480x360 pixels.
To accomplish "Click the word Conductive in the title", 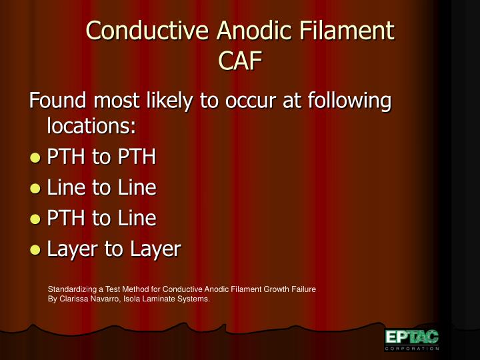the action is tap(147, 30).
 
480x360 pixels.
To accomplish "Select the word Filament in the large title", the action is tap(347, 30).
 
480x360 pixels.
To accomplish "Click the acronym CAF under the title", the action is tap(240, 60).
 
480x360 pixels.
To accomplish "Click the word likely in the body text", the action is tap(169, 101).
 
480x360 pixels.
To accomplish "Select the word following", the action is tap(349, 101).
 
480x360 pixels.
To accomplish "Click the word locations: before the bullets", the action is tap(91, 125).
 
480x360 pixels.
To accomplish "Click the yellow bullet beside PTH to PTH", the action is tap(35, 158).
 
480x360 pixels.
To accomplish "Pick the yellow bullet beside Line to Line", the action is tap(35, 189).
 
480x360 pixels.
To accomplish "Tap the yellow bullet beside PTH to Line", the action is tap(35, 219).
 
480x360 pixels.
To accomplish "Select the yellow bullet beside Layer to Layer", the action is tap(35, 250).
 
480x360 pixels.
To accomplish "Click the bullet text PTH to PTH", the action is tap(101, 157).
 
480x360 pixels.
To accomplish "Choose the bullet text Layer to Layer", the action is tap(114, 249).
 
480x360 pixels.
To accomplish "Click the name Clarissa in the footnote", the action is tap(73, 299).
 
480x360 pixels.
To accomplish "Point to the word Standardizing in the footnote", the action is tap(72, 289).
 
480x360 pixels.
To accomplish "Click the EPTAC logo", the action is tap(412, 337).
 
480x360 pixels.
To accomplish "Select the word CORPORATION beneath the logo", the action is tap(412, 349).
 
